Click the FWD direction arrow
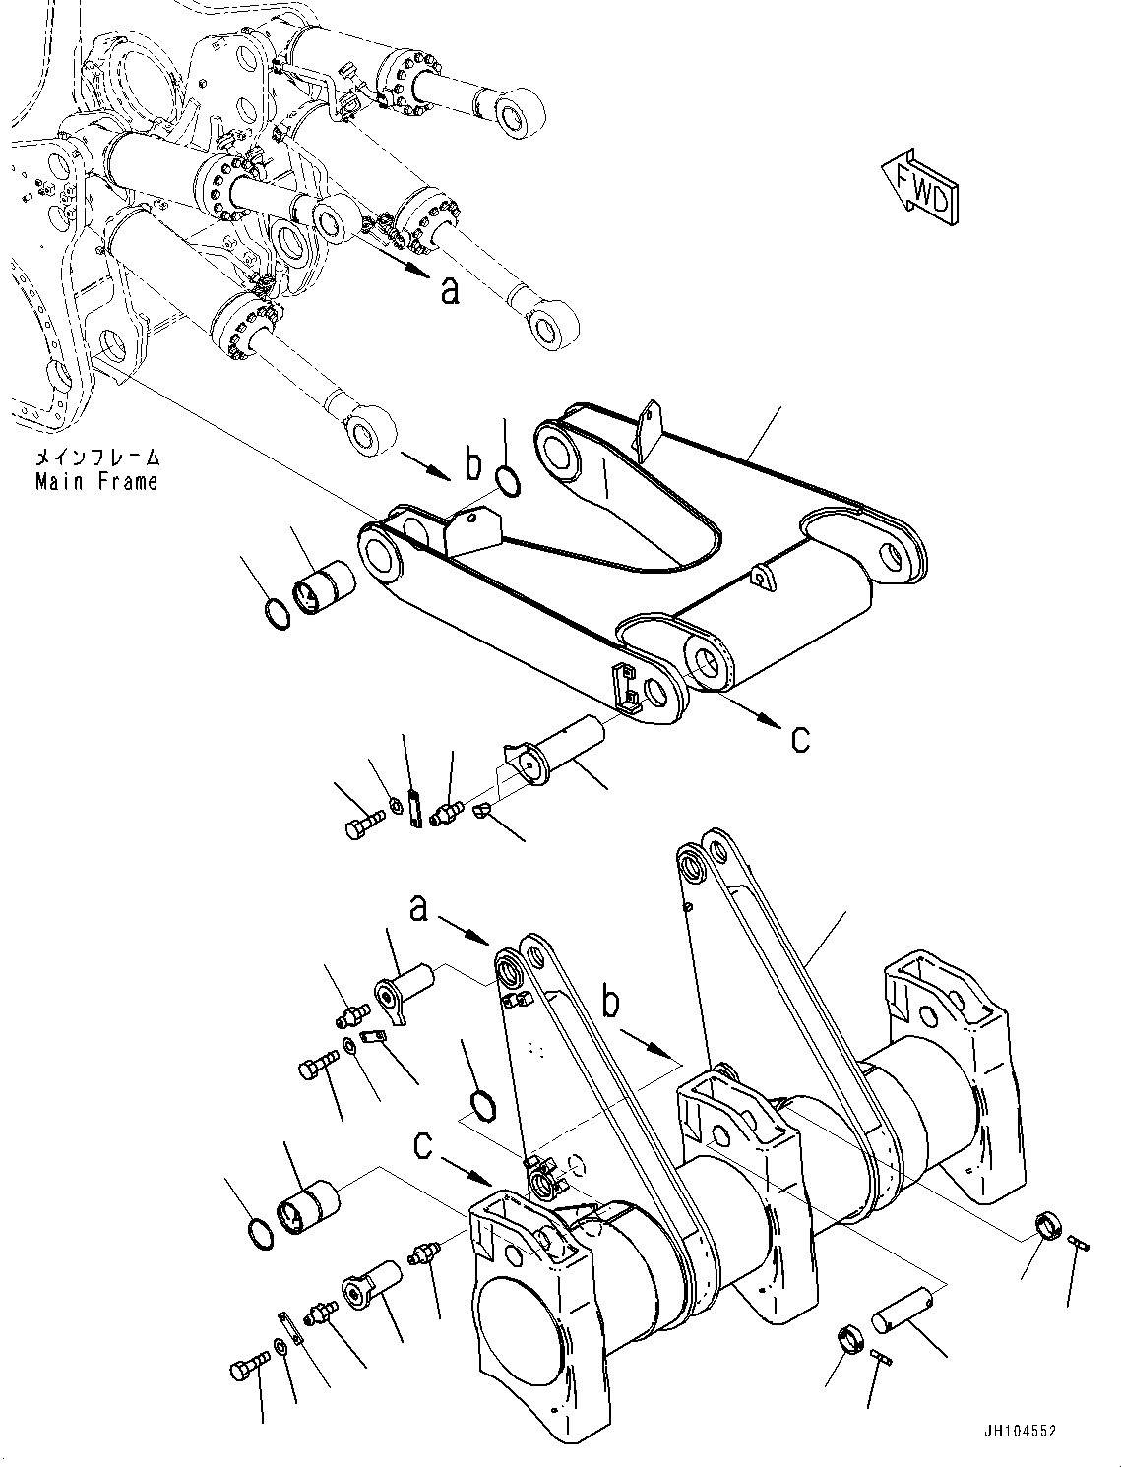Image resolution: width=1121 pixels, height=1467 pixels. (918, 187)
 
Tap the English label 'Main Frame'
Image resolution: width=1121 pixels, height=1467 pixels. (96, 482)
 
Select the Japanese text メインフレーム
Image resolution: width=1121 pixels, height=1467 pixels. (96, 458)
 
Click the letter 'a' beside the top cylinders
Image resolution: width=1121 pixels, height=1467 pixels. (450, 290)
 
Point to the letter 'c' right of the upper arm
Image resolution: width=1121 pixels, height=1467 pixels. (800, 738)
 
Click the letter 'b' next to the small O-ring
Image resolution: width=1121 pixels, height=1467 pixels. (474, 465)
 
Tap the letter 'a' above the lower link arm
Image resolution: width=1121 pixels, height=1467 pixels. (419, 909)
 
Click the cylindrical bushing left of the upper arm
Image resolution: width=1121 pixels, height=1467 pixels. (325, 592)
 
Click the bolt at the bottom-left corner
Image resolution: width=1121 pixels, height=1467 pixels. (249, 1369)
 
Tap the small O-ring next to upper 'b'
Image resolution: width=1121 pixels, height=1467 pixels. (508, 481)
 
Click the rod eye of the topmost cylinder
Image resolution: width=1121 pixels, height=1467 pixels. (514, 111)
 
